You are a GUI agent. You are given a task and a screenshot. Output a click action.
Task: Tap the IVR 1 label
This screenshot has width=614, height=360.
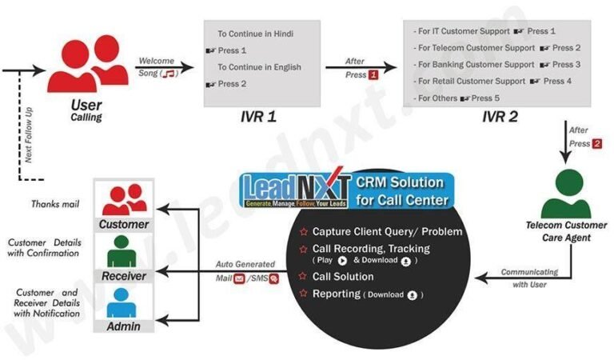tap(259, 116)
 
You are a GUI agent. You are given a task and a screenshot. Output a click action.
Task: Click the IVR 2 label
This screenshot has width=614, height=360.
tap(500, 116)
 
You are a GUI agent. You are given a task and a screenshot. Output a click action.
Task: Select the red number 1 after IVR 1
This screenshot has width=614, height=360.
tap(373, 74)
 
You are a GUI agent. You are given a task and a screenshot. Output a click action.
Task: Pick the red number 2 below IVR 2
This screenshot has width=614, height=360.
tap(596, 143)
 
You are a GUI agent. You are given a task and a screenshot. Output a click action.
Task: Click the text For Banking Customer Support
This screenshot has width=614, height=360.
tap(475, 64)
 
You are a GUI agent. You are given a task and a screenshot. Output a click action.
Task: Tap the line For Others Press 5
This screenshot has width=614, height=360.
tap(459, 98)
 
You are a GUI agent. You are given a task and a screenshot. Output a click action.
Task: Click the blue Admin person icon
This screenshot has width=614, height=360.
tap(124, 302)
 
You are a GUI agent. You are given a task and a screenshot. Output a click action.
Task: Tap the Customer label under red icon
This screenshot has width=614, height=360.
tap(124, 225)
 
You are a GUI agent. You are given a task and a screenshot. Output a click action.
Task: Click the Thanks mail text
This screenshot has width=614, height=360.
tap(54, 204)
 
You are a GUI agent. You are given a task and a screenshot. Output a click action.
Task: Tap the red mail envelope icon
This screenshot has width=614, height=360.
tap(239, 278)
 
